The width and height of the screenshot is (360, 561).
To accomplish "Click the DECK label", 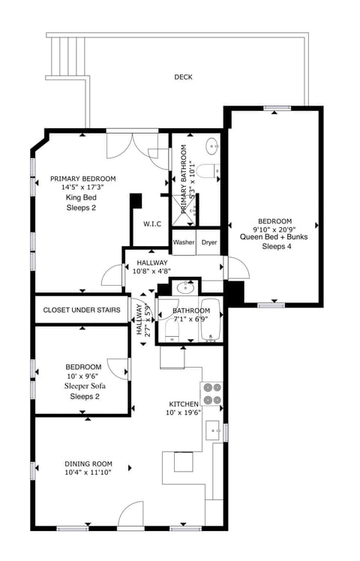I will click(183, 76).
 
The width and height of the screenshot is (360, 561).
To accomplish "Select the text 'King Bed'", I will click(82, 197).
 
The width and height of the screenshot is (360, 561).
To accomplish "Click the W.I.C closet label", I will click(152, 223).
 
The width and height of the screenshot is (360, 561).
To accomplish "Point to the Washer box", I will click(184, 242).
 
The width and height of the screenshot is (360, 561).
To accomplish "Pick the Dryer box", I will click(209, 242).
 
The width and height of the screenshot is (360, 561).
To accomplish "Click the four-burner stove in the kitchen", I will click(211, 394).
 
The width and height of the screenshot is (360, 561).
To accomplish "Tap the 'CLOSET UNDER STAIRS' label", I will click(81, 310).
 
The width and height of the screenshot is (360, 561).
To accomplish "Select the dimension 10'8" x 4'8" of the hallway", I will click(151, 271).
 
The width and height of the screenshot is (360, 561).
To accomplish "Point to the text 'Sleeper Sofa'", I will click(84, 386).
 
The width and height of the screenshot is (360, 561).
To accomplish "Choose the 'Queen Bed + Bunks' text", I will click(274, 236).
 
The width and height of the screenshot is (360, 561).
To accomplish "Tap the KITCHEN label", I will click(183, 403).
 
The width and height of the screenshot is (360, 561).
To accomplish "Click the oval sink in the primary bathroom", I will click(211, 145).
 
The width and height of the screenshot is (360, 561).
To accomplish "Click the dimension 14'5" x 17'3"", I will click(83, 187).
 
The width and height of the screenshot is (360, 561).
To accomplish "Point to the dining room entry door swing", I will click(130, 516).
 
